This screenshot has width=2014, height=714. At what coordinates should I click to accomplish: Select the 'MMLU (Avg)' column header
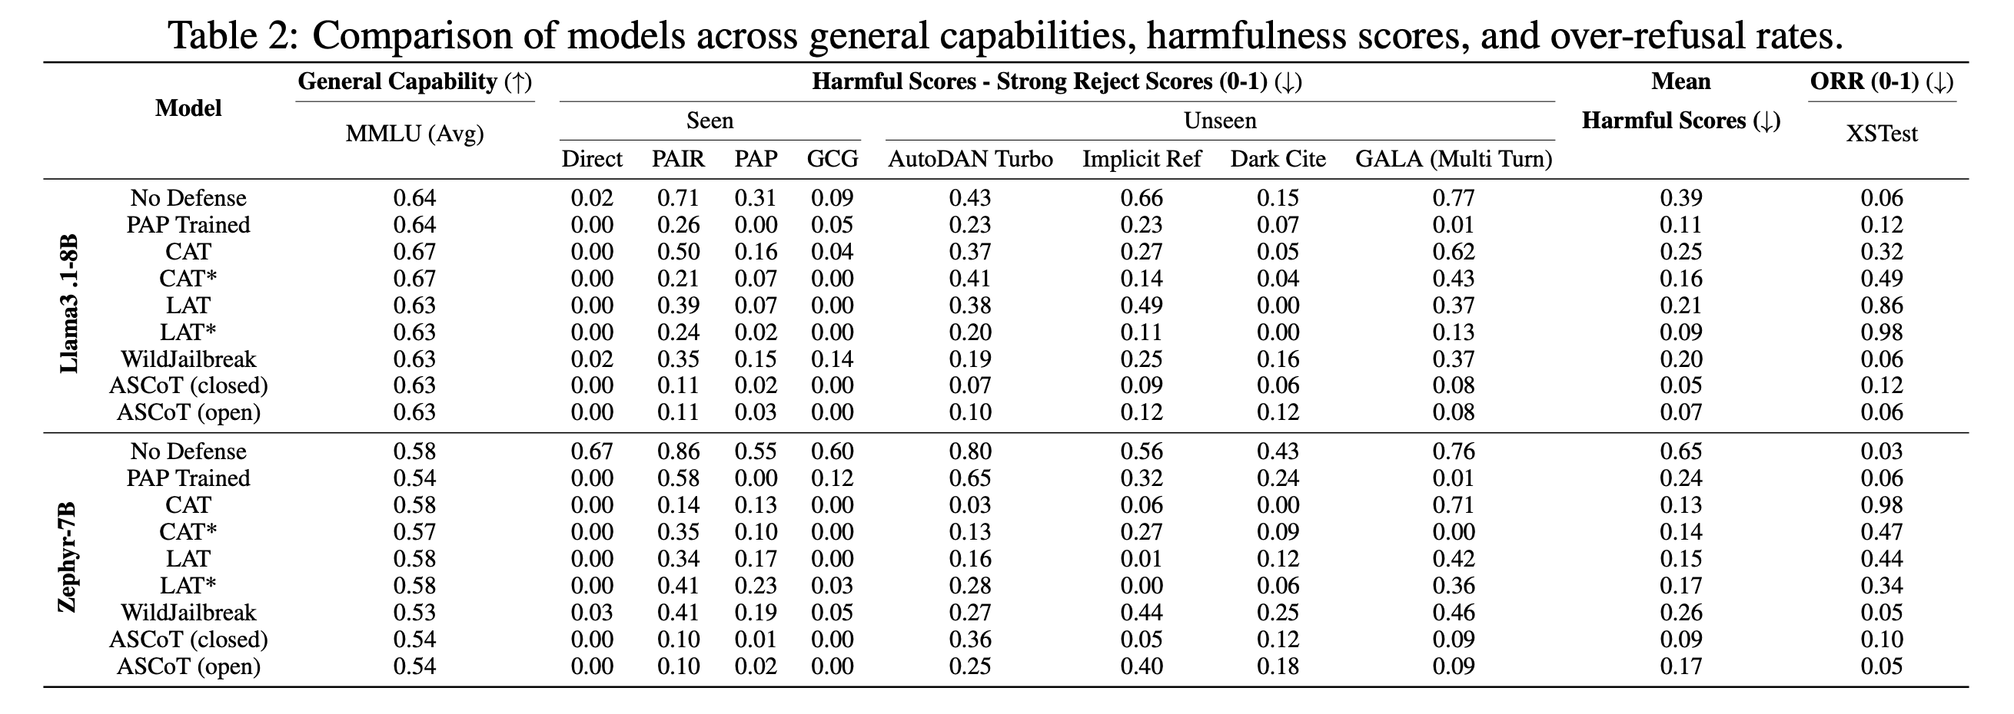[x=414, y=134]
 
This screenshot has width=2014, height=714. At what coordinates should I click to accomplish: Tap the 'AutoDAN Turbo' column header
[x=970, y=160]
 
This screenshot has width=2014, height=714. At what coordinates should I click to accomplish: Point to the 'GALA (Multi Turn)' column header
[x=1454, y=160]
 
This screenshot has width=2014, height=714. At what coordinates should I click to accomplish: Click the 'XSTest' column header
[x=1881, y=134]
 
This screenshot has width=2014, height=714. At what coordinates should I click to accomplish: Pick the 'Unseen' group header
[x=1220, y=121]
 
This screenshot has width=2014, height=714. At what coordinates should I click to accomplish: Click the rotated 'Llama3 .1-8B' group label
[x=70, y=305]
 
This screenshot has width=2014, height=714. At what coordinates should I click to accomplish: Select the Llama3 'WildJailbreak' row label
[x=188, y=359]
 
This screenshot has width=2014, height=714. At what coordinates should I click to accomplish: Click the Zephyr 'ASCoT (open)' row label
[x=188, y=666]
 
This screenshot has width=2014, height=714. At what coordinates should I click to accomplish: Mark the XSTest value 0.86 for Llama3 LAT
[x=1881, y=306]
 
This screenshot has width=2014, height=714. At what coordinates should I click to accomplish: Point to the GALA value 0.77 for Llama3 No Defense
[x=1454, y=198]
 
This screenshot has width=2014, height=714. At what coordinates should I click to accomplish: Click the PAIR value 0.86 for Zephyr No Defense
[x=678, y=451]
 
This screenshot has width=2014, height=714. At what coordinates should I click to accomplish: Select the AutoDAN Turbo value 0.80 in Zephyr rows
[x=970, y=451]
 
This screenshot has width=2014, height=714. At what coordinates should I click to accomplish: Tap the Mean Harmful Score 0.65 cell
[x=1681, y=451]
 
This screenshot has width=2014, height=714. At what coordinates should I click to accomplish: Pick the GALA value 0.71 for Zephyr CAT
[x=1454, y=505]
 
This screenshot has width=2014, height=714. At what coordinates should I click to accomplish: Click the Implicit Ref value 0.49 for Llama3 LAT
[x=1142, y=306]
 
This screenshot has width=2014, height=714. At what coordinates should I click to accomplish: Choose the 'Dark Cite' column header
[x=1278, y=160]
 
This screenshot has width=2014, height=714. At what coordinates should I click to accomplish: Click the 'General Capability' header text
[x=397, y=82]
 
